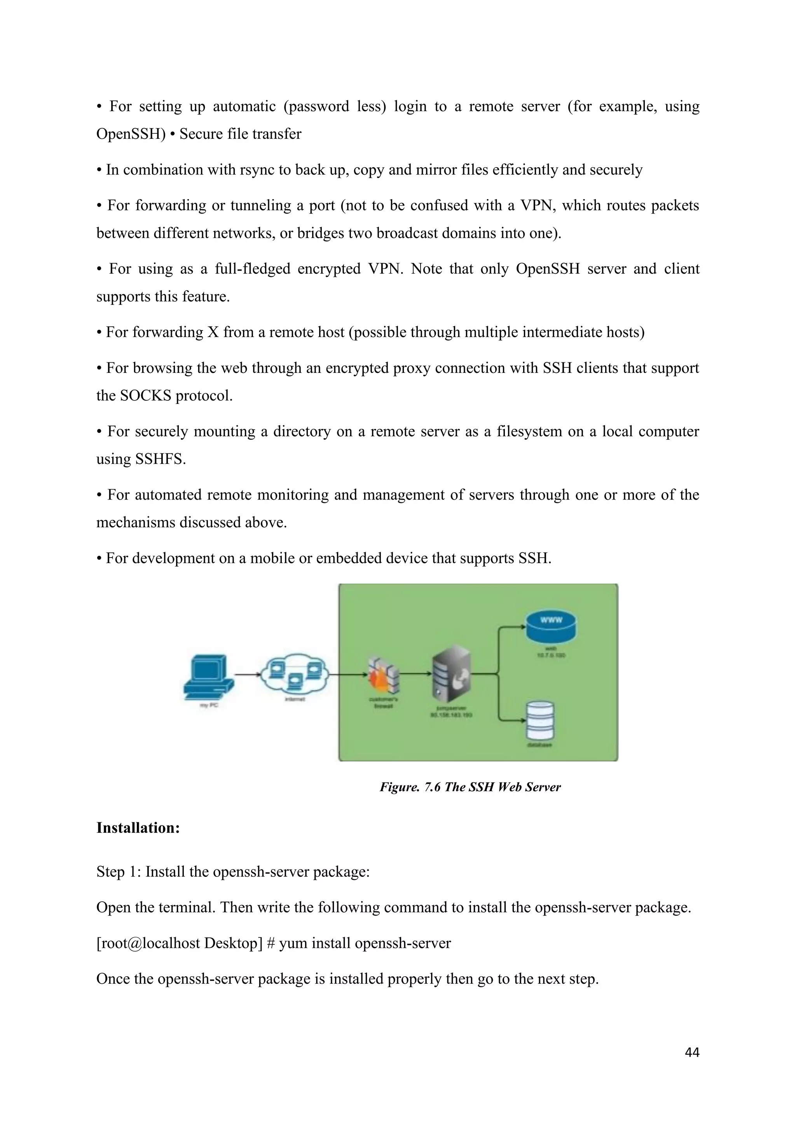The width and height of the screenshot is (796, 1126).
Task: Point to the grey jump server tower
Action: [451, 672]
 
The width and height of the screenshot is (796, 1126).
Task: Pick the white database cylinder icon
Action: [540, 721]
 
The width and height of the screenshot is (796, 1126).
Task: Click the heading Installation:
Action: [138, 828]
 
